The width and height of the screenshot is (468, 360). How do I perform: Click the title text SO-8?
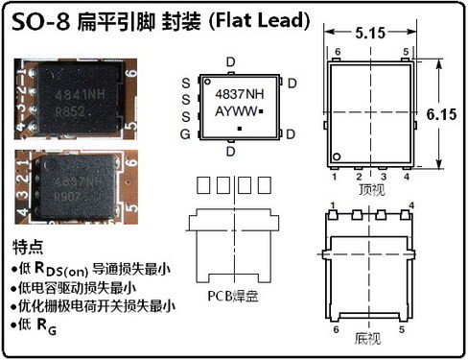coord(37,18)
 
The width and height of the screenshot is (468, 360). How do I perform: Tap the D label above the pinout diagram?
coord(230,62)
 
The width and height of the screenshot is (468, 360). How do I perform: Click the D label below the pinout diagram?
coord(230,149)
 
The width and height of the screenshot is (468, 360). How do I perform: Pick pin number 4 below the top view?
coord(407,177)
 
